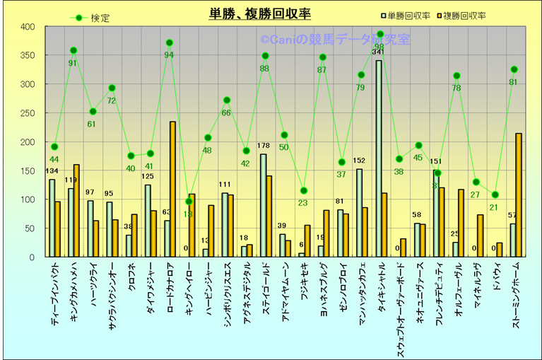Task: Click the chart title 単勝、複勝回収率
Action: pos(260,13)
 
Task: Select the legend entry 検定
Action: pos(100,18)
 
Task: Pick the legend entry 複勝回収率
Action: pos(469,15)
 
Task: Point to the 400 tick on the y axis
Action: pos(28,27)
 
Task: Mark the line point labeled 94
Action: pos(170,43)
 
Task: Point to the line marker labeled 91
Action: pos(73,51)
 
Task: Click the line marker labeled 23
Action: pos(303,191)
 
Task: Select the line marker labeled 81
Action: pos(514,69)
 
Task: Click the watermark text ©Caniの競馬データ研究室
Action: pos(335,40)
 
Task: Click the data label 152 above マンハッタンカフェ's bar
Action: pos(359,161)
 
